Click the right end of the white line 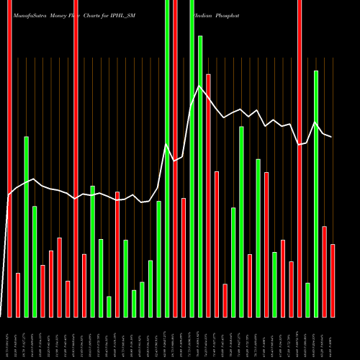[x=332, y=136]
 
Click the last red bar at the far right [x=333, y=281]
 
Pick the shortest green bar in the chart [x=109, y=307]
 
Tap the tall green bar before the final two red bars [x=316, y=194]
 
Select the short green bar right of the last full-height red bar [x=307, y=300]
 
